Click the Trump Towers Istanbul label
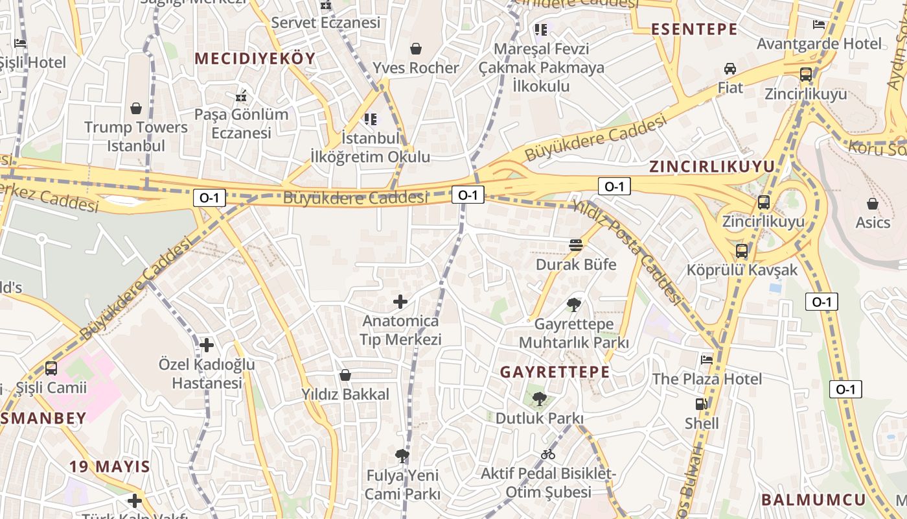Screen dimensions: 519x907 136,136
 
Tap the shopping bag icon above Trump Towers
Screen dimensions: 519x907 136,108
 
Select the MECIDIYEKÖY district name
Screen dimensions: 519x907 255,58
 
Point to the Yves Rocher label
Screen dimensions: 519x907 415,67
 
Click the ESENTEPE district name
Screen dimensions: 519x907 694,29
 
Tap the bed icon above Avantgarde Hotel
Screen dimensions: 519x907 819,25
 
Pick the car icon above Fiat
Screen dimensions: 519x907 730,69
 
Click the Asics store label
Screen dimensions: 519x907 873,223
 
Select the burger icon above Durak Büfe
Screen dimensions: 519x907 576,245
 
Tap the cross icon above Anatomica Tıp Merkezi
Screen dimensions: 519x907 400,302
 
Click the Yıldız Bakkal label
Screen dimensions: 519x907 345,394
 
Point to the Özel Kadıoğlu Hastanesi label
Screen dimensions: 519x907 207,374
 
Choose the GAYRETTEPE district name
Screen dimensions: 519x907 555,372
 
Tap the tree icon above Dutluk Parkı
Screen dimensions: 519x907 539,398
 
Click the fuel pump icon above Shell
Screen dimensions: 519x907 702,404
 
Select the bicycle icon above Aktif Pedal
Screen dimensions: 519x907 548,454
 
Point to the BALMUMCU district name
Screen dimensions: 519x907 813,500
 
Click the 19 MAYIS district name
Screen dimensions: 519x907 109,466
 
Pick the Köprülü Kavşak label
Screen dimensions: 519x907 742,269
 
